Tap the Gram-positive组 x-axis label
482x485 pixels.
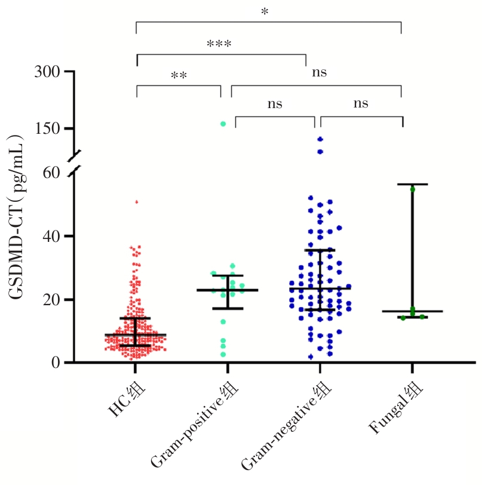point(195,425)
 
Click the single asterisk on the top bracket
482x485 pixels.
point(264,13)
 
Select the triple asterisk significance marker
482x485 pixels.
point(219,45)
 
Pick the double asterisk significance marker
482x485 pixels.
point(179,76)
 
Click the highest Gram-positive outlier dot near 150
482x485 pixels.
point(223,124)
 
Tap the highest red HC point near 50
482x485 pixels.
point(136,202)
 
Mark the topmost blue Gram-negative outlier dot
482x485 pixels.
point(320,139)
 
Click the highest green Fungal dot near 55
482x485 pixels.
point(412,189)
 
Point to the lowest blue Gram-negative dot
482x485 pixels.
point(311,357)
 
